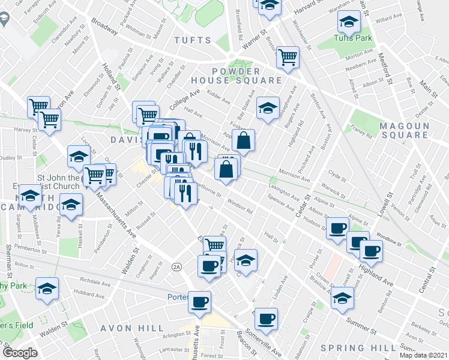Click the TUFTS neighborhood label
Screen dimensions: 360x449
[x=193, y=40]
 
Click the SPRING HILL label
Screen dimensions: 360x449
[x=359, y=348]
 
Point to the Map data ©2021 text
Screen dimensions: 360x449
[x=424, y=355]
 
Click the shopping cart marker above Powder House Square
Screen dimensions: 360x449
[x=288, y=56]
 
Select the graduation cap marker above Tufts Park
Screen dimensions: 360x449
[x=349, y=22]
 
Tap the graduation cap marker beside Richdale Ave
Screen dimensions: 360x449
[x=47, y=289]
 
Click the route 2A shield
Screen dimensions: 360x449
[x=176, y=266]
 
